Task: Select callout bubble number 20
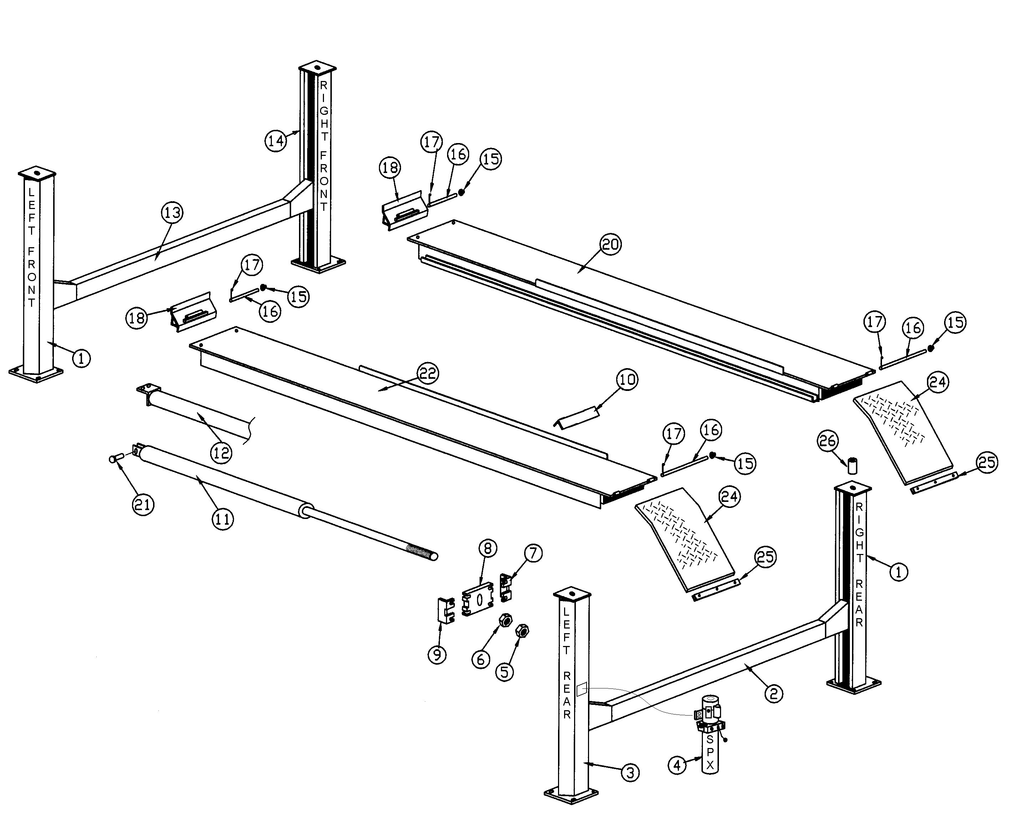pyautogui.click(x=610, y=244)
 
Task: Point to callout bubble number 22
pyautogui.click(x=428, y=373)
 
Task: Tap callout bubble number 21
pyautogui.click(x=143, y=505)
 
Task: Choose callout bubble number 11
pyautogui.click(x=222, y=519)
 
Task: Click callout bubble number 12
pyautogui.click(x=221, y=453)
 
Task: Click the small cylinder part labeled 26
pyautogui.click(x=853, y=465)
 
